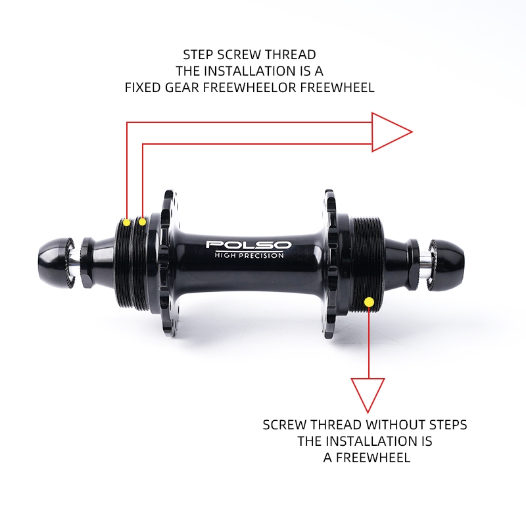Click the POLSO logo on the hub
[x=249, y=245]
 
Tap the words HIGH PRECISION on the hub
[x=249, y=255]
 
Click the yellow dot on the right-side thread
[x=369, y=301]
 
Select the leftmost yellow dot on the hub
[x=126, y=222]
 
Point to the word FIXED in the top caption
[x=142, y=87]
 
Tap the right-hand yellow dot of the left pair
[x=142, y=222]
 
